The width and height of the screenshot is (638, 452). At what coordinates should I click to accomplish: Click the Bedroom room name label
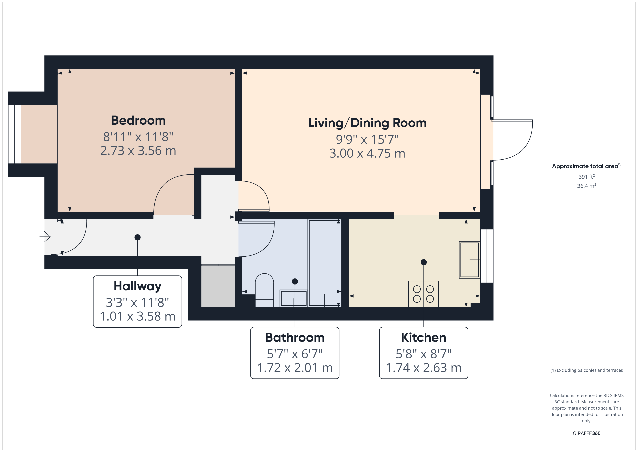click(138, 120)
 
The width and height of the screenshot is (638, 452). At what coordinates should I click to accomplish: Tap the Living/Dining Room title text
click(367, 123)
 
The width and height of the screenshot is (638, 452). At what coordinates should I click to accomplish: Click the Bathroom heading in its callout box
click(295, 338)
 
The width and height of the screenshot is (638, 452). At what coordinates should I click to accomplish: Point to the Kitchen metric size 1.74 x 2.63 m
click(424, 368)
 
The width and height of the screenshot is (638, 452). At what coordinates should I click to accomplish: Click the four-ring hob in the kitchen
click(423, 294)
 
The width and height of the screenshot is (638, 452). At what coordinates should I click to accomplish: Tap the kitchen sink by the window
click(469, 260)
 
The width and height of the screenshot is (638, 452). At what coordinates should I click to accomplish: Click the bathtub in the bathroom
click(324, 263)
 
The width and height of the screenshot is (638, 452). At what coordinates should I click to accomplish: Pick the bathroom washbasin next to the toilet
click(294, 298)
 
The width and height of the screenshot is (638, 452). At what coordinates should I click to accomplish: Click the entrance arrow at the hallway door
click(45, 237)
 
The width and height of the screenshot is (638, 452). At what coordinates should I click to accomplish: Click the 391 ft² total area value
click(586, 177)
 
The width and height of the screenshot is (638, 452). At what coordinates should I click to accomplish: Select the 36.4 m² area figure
click(586, 186)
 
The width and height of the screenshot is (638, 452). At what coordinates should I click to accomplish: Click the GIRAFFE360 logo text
click(586, 433)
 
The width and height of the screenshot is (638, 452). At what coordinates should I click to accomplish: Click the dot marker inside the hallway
click(138, 237)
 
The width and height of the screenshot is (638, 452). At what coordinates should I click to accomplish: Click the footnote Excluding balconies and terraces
click(586, 370)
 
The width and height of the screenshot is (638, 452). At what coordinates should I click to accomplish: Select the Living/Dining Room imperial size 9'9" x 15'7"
click(367, 139)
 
